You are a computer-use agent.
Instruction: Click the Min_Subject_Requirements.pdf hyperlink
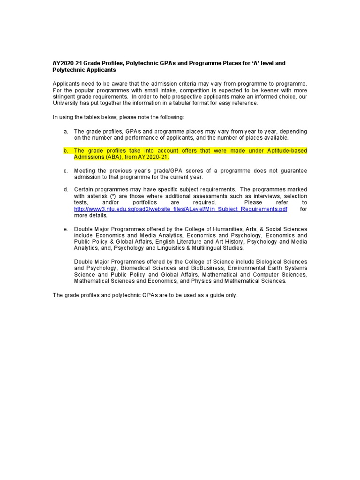pyautogui.click(x=180, y=209)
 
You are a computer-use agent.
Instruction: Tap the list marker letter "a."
pyautogui.click(x=66, y=132)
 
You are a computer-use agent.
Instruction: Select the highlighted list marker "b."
pyautogui.click(x=66, y=151)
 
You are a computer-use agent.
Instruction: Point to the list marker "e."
pyautogui.click(x=66, y=229)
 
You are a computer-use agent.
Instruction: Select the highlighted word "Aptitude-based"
pyautogui.click(x=287, y=151)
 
